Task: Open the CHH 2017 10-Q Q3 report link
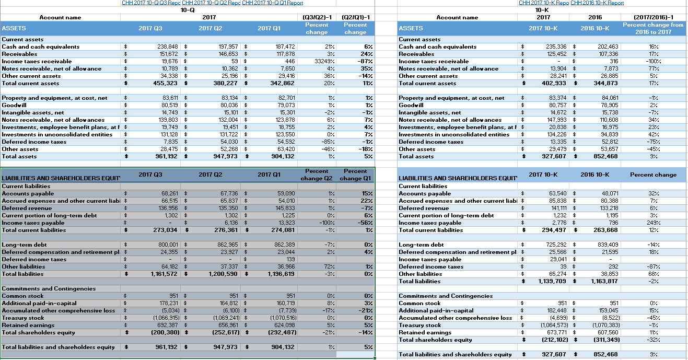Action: [151, 3]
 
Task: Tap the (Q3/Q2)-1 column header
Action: [317, 17]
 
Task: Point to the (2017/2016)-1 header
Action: [653, 17]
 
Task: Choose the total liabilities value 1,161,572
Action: [165, 274]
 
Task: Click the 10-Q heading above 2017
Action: [188, 10]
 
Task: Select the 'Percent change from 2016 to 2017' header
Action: [653, 28]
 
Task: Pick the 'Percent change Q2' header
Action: [317, 175]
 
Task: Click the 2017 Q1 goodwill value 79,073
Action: [285, 105]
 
